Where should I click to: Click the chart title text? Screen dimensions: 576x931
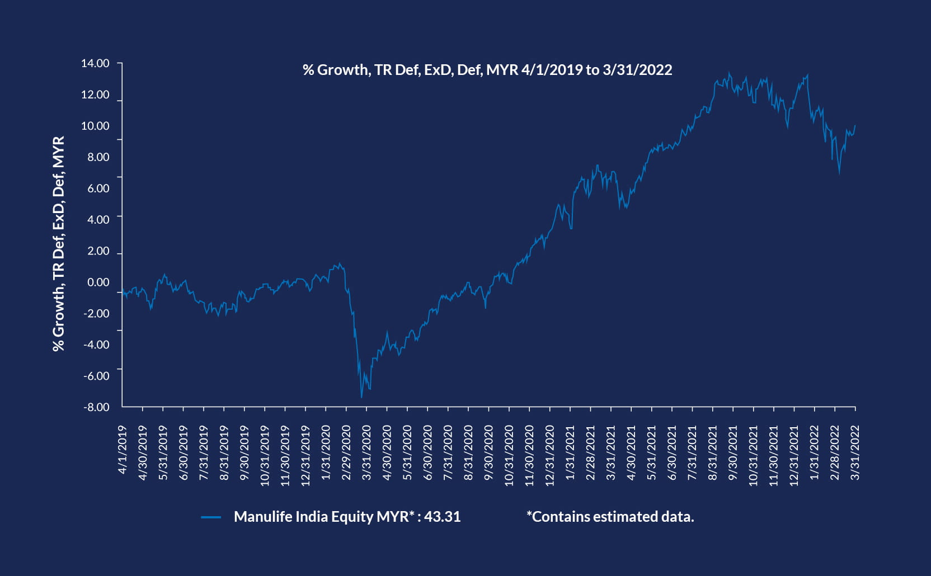click(x=487, y=70)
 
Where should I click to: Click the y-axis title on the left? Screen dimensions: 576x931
click(x=59, y=243)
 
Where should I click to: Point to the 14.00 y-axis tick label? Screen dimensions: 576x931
click(x=95, y=63)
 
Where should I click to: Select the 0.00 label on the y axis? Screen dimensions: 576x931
click(x=98, y=282)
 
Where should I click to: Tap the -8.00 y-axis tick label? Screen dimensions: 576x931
click(x=96, y=407)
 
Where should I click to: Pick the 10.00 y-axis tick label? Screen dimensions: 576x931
click(x=95, y=126)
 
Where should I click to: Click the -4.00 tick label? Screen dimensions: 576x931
click(x=96, y=344)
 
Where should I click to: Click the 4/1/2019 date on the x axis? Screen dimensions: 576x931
click(x=123, y=450)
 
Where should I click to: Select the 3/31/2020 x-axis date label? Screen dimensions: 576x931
click(x=367, y=453)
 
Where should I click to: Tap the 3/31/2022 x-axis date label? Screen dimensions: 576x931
click(x=855, y=453)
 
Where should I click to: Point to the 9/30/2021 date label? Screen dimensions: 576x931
click(x=733, y=453)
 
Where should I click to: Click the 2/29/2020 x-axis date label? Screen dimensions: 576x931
click(x=346, y=453)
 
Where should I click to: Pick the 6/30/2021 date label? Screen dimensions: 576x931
click(x=672, y=453)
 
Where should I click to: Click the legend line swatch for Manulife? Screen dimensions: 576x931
click(x=211, y=517)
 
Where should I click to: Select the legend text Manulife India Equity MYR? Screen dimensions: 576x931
click(x=321, y=517)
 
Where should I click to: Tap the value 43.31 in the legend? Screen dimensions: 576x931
click(x=442, y=517)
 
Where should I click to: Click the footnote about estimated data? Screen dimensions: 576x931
click(x=610, y=517)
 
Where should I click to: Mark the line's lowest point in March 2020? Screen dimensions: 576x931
click(x=361, y=398)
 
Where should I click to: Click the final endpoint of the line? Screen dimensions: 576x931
click(x=855, y=125)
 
